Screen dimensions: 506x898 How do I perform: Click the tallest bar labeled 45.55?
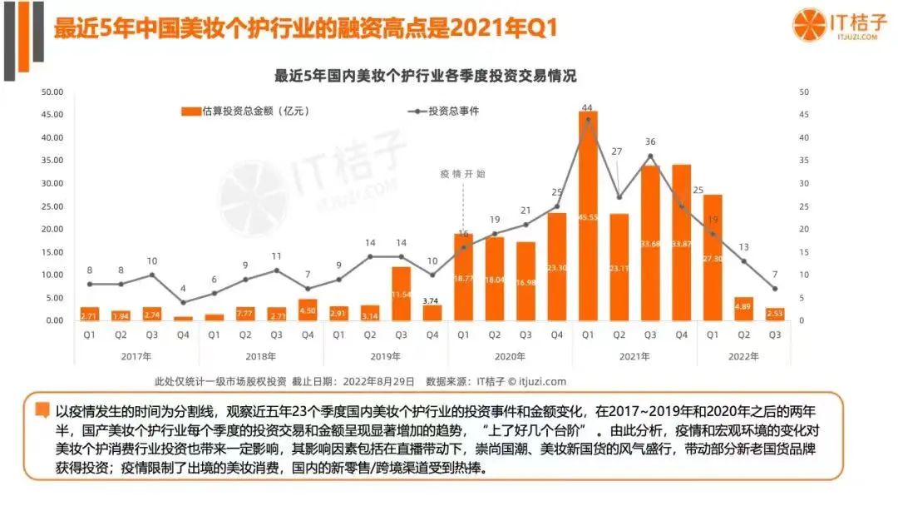pos(588,216)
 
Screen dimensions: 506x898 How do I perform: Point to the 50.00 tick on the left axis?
pos(52,92)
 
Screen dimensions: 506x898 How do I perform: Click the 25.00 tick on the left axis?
pos(52,206)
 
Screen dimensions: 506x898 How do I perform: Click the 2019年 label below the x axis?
pos(385,356)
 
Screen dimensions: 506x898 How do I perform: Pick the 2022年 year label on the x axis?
pos(743,356)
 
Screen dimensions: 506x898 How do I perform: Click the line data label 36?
pos(650,142)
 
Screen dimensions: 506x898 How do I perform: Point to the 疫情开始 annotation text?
pos(463,174)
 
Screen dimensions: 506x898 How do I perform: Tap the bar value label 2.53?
pos(775,313)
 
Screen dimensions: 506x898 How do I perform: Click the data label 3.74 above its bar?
pos(432,300)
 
